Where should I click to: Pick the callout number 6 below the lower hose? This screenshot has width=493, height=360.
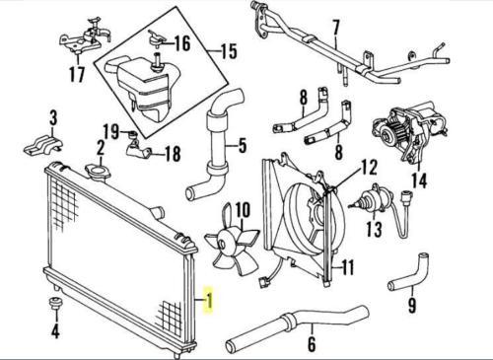click(312, 344)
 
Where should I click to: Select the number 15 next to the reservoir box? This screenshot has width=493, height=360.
click(228, 49)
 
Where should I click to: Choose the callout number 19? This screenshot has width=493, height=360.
click(112, 131)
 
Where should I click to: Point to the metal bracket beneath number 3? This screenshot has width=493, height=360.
click(41, 144)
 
